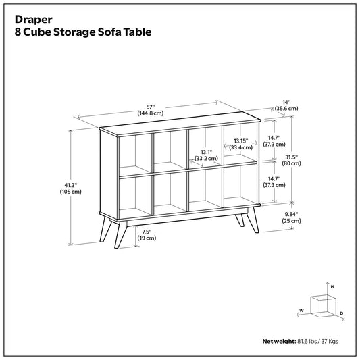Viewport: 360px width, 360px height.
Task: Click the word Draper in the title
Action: click(34, 20)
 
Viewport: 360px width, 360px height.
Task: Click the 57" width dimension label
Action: click(151, 107)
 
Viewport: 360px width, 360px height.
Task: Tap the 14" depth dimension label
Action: click(286, 102)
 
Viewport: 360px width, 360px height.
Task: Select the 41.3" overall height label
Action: click(70, 185)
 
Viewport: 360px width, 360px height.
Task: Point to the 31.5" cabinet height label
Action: click(291, 157)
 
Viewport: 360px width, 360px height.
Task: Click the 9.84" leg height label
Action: click(291, 214)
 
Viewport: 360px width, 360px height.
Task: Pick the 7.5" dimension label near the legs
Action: click(147, 232)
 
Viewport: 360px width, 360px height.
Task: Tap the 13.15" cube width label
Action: click(241, 140)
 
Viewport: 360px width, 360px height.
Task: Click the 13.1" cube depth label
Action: click(206, 152)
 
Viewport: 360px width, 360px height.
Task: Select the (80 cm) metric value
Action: click(291, 163)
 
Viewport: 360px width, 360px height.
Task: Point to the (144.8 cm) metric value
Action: click(151, 113)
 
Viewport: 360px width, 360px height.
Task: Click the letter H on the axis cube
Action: click(332, 287)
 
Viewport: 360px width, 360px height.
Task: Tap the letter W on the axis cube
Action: click(301, 311)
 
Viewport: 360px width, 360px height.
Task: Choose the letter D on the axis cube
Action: click(342, 313)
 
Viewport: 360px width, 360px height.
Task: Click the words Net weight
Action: click(279, 341)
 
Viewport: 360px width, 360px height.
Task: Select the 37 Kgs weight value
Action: click(330, 341)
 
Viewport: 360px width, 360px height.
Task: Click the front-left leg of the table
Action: click(120, 234)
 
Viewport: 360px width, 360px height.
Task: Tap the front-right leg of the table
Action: click(254, 220)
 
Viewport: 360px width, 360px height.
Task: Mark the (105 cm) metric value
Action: click(70, 192)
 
